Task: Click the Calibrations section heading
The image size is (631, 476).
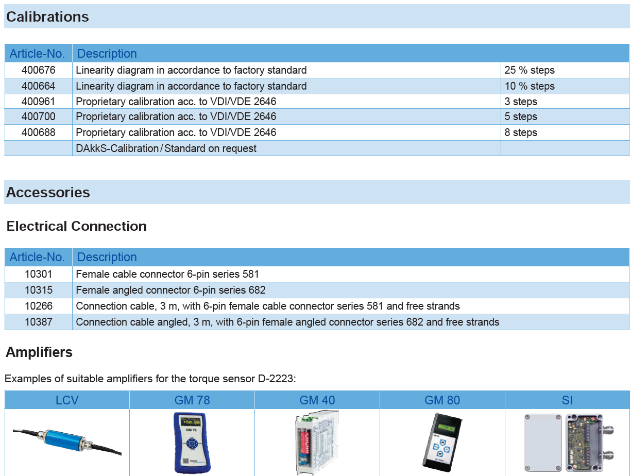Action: point(47,16)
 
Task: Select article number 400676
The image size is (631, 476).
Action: point(38,70)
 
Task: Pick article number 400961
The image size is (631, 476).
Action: point(38,101)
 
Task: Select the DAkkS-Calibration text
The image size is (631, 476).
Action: point(117,148)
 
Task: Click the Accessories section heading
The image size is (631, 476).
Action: point(48,192)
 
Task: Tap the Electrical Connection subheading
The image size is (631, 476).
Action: point(76,226)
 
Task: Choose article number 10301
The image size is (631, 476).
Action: point(39,274)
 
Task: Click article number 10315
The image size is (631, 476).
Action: point(39,290)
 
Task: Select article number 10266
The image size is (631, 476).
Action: point(39,306)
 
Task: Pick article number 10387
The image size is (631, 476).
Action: point(39,322)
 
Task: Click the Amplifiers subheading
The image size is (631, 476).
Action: point(39,352)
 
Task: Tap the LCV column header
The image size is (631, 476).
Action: point(66,400)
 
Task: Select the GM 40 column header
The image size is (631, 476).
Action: point(317,400)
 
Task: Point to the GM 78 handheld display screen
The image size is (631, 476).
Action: point(190,422)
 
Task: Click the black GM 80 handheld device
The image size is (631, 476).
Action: point(442,443)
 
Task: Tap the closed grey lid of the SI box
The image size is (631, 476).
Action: point(543,443)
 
